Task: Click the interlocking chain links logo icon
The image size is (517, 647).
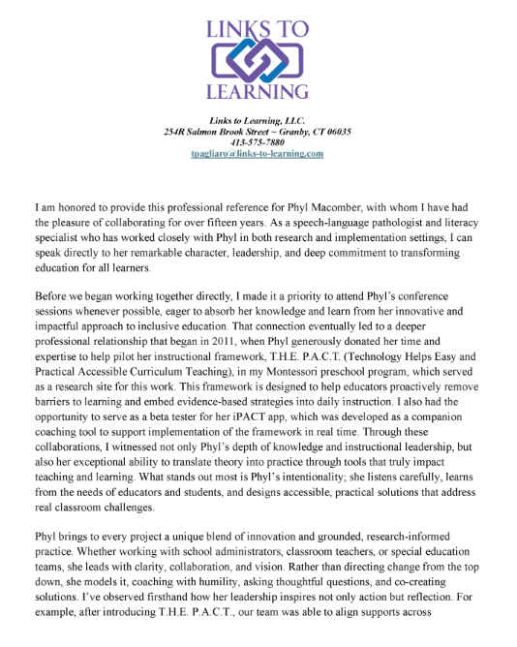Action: [x=258, y=61]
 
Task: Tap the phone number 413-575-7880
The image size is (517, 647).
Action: [x=258, y=142]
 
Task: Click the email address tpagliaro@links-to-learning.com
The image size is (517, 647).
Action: [x=258, y=154]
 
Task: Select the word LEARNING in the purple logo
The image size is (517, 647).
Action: [x=258, y=93]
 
